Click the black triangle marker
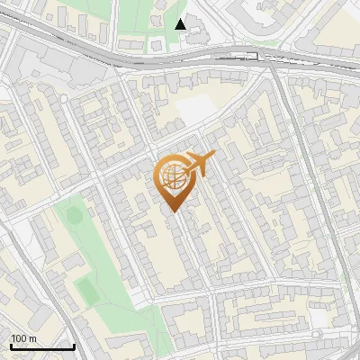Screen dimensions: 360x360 pyautogui.click(x=181, y=23)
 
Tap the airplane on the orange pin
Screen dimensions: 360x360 pyautogui.click(x=199, y=163)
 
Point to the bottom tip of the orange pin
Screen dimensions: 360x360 pyautogui.click(x=173, y=211)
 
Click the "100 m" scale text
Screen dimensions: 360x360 pyautogui.click(x=23, y=338)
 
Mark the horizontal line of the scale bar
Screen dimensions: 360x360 pyautogui.click(x=41, y=346)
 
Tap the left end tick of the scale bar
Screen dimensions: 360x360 pyautogui.click(x=10, y=345)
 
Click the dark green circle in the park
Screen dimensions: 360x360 pyautogui.click(x=74, y=215)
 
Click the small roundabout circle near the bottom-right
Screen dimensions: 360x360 pyautogui.click(x=317, y=335)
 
